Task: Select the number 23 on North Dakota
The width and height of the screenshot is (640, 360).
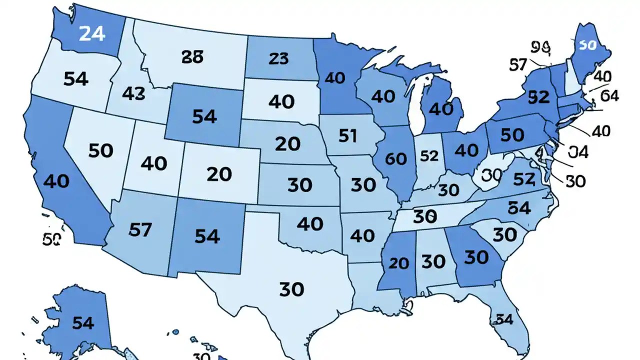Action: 278,59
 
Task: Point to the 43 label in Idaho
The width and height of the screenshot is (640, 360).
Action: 133,93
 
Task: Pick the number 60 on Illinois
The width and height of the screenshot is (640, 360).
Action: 396,158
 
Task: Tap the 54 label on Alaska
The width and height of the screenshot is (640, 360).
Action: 83,323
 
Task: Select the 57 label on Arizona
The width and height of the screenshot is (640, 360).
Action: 140,229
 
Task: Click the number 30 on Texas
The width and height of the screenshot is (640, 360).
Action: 291,288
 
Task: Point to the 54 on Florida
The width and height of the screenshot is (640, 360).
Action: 504,319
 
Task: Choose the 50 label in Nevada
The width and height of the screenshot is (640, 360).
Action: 101,150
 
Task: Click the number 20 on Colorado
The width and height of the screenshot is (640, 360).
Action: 218,174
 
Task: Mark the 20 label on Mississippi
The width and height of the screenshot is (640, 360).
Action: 398,263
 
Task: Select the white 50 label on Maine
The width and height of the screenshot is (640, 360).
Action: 587,45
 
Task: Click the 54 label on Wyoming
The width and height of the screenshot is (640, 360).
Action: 204,116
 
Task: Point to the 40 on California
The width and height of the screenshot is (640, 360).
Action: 56,181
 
